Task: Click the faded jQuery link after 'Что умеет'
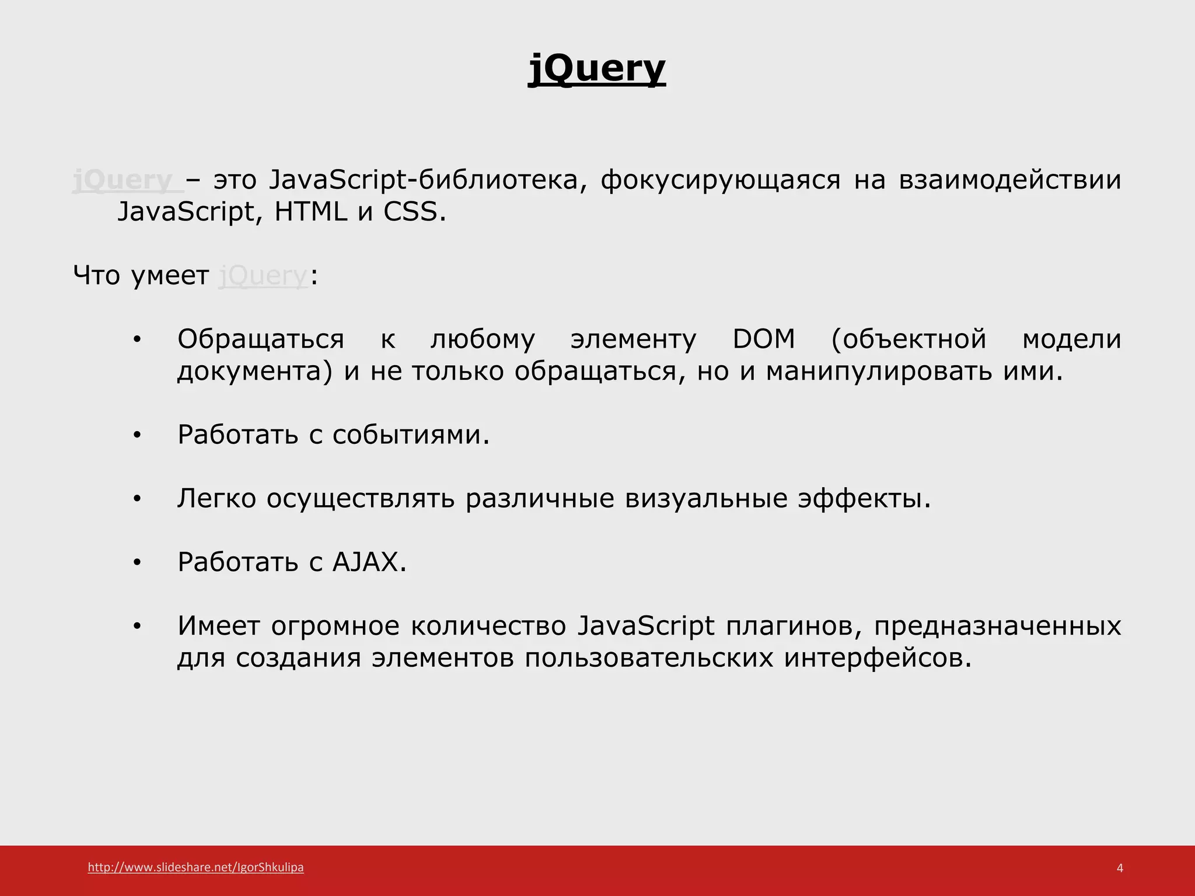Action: click(263, 275)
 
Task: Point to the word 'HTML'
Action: click(310, 212)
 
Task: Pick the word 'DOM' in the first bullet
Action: click(763, 339)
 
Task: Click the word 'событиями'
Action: click(411, 435)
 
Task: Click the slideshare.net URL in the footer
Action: click(195, 867)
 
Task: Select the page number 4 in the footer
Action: click(1119, 868)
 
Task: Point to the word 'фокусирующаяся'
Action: click(720, 180)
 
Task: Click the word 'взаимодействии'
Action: click(1009, 180)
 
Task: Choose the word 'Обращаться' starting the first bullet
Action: click(260, 339)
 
